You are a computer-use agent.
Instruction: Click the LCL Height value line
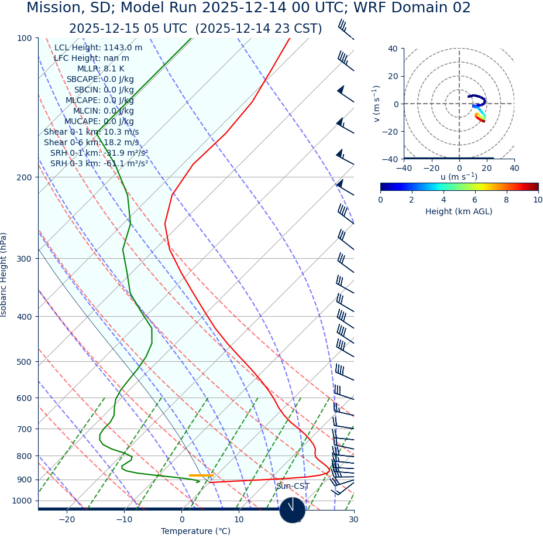tap(98, 48)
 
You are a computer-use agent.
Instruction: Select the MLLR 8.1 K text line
tap(101, 69)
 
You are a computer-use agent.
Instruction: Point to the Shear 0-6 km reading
tap(91, 143)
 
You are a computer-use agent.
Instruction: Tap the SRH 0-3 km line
tap(99, 164)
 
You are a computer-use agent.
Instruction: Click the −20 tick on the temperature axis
tap(67, 520)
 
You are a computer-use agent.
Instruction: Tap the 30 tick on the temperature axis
tap(353, 520)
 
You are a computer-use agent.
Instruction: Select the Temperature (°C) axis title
tap(195, 532)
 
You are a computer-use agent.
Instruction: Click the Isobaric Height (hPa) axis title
tap(4, 275)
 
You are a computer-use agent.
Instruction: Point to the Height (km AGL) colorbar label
tap(459, 212)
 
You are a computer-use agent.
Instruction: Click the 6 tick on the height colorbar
tap(475, 200)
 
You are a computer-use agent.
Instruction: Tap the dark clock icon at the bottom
tap(292, 510)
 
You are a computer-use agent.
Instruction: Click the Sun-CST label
tap(293, 487)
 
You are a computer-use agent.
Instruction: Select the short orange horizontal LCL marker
tap(201, 475)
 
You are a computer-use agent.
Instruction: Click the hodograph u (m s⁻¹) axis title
tap(459, 177)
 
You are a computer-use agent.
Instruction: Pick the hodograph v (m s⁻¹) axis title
tap(377, 104)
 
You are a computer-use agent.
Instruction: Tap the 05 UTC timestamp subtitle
tap(195, 29)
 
